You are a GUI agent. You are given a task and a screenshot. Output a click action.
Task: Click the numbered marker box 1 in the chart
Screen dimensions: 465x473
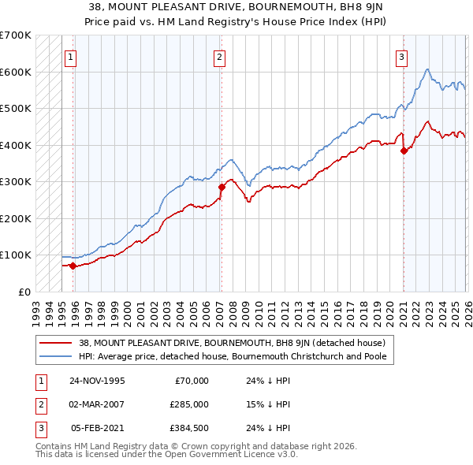point(71,57)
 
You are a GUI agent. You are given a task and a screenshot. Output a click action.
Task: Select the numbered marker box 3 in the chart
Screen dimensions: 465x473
point(401,57)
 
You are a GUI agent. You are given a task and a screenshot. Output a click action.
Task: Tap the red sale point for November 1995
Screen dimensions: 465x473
point(73,266)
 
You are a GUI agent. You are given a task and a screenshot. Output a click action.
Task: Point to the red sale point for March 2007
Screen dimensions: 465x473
point(222,187)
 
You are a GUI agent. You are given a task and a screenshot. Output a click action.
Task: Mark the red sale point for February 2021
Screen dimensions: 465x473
point(404,151)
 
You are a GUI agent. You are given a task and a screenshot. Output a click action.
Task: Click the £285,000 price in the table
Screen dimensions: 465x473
point(190,404)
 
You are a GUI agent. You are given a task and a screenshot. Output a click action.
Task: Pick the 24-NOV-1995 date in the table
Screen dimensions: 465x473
point(97,381)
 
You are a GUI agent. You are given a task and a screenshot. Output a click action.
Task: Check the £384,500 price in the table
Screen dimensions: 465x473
point(190,428)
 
